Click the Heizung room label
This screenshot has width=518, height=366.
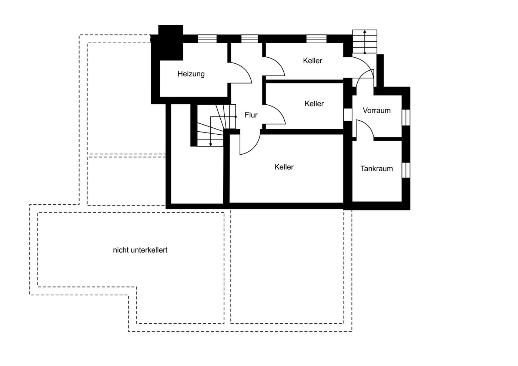pyautogui.click(x=191, y=74)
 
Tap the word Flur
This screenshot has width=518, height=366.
pyautogui.click(x=251, y=115)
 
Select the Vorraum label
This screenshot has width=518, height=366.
pyautogui.click(x=377, y=110)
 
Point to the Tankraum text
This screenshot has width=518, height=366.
pyautogui.click(x=377, y=169)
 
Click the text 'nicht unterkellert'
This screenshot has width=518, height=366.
pyautogui.click(x=140, y=250)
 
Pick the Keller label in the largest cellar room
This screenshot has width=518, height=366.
pyautogui.click(x=284, y=167)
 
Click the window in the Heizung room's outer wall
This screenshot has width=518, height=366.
pyautogui.click(x=207, y=39)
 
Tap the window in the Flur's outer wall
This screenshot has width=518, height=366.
pyautogui.click(x=250, y=39)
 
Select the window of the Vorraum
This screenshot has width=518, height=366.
pyautogui.click(x=406, y=118)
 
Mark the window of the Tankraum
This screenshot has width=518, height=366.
pyautogui.click(x=406, y=170)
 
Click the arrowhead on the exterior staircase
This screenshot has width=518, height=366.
pyautogui.click(x=365, y=32)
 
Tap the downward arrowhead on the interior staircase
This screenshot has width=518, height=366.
pyautogui.click(x=211, y=144)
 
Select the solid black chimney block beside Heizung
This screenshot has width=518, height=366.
pyautogui.click(x=171, y=43)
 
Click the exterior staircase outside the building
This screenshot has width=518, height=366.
pyautogui.click(x=365, y=41)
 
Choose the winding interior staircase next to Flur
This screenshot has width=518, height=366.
pyautogui.click(x=217, y=125)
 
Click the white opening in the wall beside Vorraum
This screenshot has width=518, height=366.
pyautogui.click(x=348, y=115)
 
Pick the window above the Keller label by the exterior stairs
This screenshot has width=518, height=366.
pyautogui.click(x=316, y=39)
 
